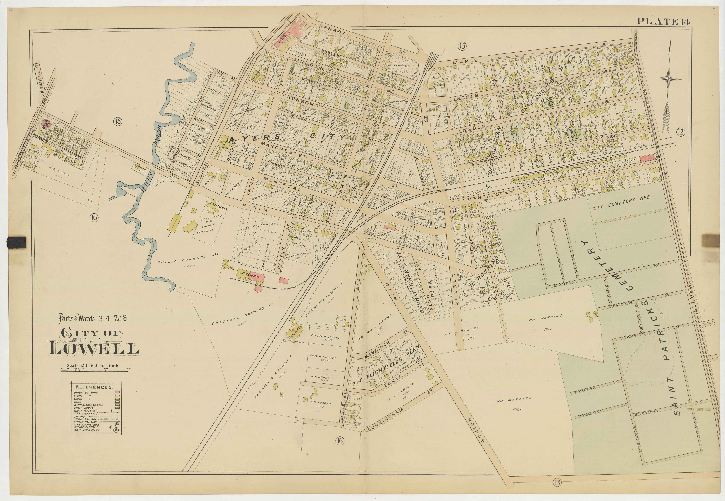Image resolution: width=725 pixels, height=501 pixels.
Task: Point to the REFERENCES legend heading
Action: pyautogui.click(x=93, y=387)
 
